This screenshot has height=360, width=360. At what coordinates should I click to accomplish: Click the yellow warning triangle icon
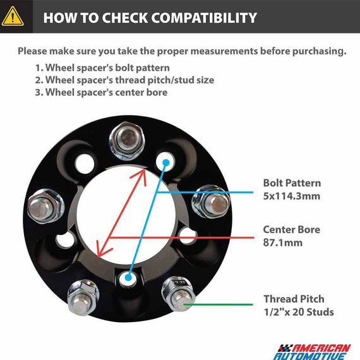coord(13,16)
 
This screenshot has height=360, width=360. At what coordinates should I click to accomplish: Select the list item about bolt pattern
coord(102,68)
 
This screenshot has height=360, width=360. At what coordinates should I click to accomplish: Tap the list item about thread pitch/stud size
coord(124,80)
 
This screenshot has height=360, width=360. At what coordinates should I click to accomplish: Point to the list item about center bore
coord(101,92)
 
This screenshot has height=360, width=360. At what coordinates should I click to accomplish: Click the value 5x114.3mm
coord(292,196)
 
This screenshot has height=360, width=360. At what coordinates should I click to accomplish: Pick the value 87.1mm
coord(283,243)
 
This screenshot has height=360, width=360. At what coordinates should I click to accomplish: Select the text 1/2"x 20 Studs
coord(299,312)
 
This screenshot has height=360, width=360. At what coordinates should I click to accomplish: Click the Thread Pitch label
coord(294,299)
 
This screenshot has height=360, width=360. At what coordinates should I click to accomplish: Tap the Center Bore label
coord(292,230)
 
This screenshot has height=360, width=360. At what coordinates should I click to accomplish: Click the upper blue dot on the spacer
coord(165,163)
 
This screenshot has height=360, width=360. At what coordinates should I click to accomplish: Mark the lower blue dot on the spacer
coord(128,277)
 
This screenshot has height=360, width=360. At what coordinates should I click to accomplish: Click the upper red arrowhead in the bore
coord(141,176)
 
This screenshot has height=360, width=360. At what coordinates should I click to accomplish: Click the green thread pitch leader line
coord(218,304)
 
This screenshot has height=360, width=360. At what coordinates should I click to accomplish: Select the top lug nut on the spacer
coord(127,141)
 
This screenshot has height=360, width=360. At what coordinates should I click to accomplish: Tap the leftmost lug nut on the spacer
coord(45,206)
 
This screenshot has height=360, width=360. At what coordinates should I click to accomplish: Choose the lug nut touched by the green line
coord(178,294)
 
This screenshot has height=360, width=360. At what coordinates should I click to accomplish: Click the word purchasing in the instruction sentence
coord(320,51)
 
